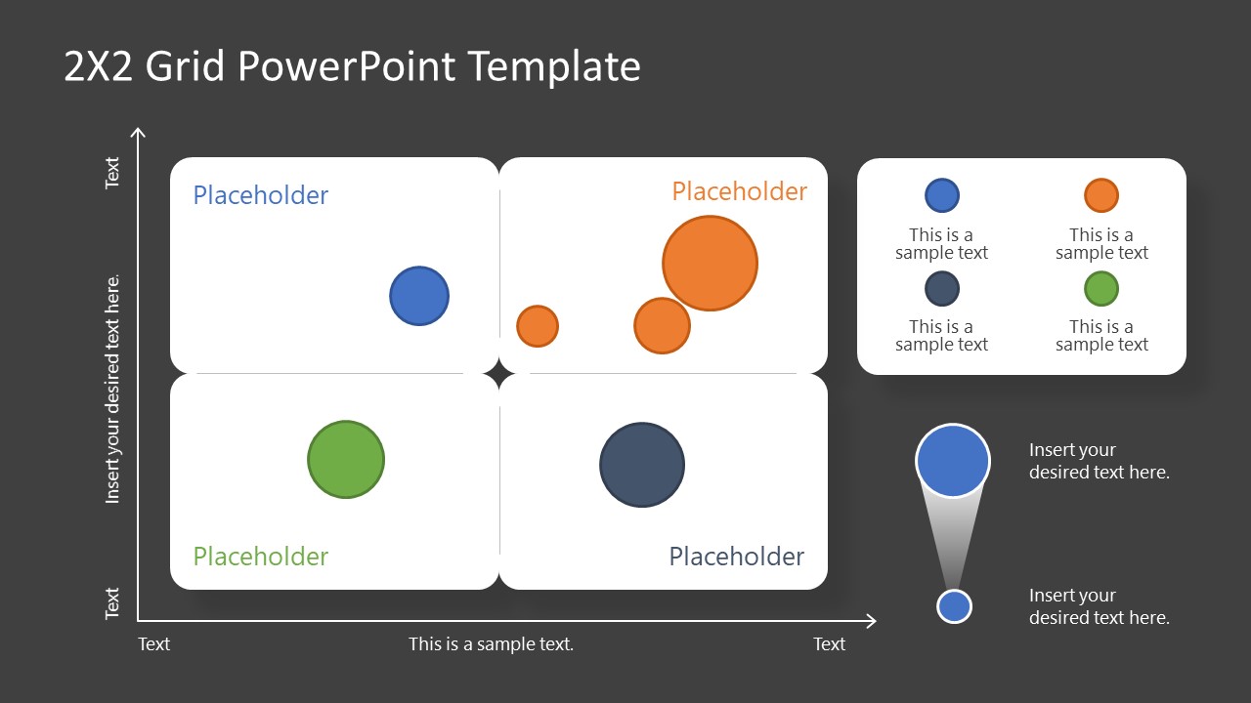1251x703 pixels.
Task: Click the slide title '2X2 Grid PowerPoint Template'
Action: click(x=352, y=66)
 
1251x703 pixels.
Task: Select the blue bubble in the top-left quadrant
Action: click(x=419, y=295)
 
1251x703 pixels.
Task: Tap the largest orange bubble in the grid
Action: click(x=710, y=264)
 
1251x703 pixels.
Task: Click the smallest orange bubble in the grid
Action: click(x=537, y=326)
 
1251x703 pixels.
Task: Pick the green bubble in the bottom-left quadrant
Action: click(x=346, y=459)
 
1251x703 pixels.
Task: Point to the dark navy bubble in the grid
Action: click(x=642, y=465)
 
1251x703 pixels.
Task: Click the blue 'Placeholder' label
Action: click(x=261, y=195)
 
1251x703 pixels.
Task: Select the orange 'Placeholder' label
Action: click(x=740, y=191)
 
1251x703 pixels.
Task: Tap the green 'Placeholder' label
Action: click(x=261, y=557)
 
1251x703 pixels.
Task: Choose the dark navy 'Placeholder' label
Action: click(x=736, y=557)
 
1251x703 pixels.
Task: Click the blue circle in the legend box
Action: click(x=942, y=195)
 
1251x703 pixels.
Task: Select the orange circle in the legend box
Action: click(x=1101, y=195)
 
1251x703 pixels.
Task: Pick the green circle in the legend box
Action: click(x=1101, y=289)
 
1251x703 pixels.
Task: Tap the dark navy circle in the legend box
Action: click(x=942, y=289)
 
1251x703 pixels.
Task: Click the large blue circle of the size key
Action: click(x=953, y=460)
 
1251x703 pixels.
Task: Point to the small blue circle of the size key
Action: click(x=954, y=606)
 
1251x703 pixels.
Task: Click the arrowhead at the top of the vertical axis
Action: click(x=139, y=134)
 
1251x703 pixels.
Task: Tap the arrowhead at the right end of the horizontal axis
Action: click(x=870, y=620)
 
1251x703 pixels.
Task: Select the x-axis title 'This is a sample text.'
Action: click(x=491, y=643)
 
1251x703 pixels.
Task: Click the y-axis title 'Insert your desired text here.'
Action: click(x=113, y=389)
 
